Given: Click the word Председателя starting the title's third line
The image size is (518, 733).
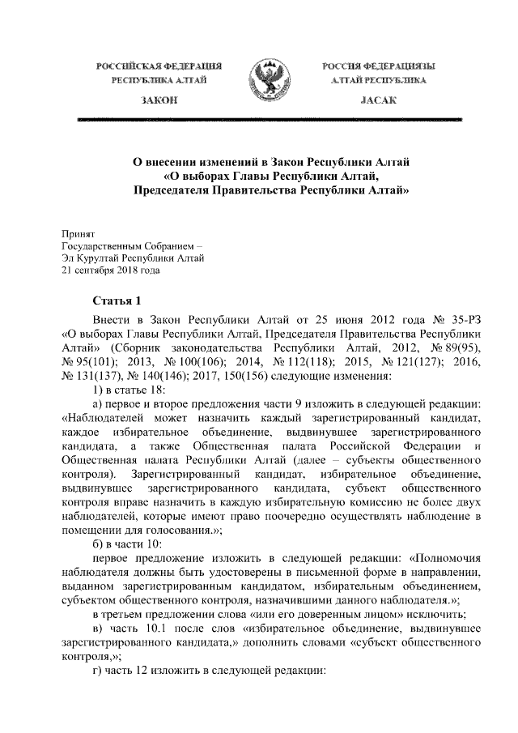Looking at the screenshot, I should tap(176, 191).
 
